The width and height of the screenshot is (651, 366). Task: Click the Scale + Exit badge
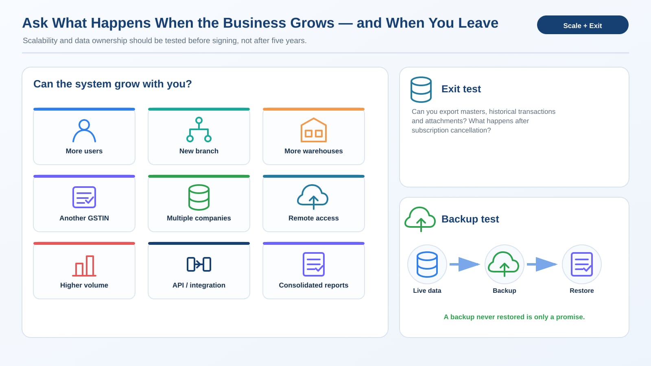[582, 25]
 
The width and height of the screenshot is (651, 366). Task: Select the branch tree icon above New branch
[199, 130]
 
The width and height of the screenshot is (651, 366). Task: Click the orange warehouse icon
[314, 130]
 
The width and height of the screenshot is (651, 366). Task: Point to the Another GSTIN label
[84, 218]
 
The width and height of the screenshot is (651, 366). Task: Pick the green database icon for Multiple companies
[199, 197]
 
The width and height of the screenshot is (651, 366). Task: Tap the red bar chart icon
[84, 266]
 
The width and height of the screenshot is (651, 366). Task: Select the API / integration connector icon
[199, 264]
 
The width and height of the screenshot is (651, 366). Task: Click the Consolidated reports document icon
[314, 264]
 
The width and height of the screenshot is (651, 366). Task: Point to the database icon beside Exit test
[421, 89]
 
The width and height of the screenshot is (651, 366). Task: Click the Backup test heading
[470, 219]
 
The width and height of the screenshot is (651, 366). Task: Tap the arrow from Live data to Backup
[465, 264]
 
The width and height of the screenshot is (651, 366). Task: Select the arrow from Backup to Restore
[542, 264]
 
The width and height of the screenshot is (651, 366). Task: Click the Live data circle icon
[427, 264]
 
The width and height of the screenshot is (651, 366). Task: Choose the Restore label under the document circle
[581, 291]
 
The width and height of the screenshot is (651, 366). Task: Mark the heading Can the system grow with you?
[112, 84]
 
